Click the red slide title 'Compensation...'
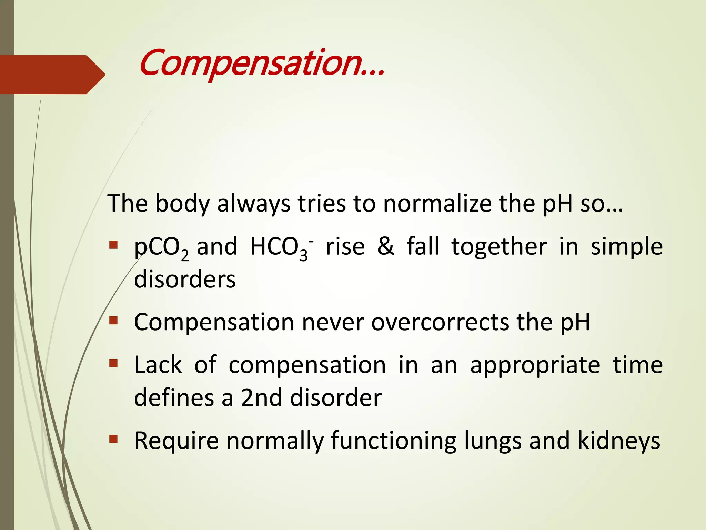(x=262, y=64)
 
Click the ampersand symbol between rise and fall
(x=386, y=247)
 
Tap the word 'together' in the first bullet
(x=499, y=247)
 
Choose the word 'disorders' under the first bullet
(x=185, y=279)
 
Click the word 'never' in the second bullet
(x=333, y=322)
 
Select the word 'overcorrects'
(x=440, y=322)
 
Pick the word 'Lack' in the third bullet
(x=158, y=365)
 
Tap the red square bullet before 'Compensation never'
(x=113, y=321)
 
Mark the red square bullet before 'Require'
(x=113, y=439)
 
